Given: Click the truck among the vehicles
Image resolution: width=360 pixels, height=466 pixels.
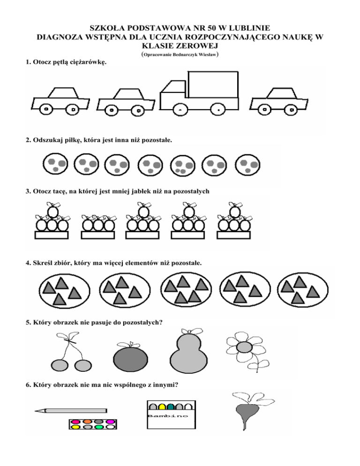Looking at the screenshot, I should pos(199,96).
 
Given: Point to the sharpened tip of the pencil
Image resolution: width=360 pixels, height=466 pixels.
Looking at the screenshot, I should pos(37,411).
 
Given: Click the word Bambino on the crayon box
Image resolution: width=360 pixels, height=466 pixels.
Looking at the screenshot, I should pos(168,416).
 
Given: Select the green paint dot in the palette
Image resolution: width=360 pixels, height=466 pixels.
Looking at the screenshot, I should pos(98,427).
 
